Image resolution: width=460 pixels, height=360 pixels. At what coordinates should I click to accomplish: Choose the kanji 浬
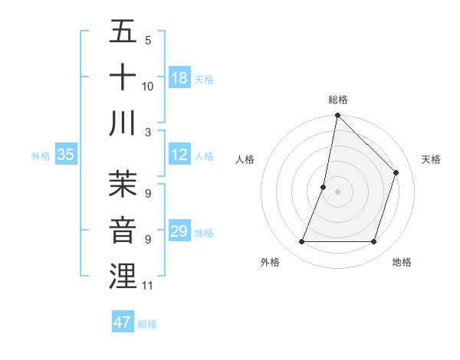pos(123,277)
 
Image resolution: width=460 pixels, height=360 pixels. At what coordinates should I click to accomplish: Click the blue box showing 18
pos(179,78)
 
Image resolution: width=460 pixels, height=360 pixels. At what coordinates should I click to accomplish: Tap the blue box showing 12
pos(179,155)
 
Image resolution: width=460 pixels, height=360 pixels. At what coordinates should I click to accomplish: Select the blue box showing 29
pos(179,231)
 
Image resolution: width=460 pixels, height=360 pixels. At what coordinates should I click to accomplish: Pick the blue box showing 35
pos(65,155)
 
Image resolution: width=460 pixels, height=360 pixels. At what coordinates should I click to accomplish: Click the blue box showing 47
pos(123,322)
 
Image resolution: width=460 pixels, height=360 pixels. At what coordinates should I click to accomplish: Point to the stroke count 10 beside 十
pos(148,87)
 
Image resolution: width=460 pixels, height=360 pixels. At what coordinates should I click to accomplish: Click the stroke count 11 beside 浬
pos(148,286)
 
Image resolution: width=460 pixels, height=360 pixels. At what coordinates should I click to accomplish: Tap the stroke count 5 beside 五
pos(148,41)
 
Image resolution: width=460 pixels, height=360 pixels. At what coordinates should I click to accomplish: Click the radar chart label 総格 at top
pos(338,100)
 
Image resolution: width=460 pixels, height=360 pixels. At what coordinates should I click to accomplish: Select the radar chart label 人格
pos(245,159)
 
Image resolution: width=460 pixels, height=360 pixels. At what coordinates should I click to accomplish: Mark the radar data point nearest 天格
pos(396,172)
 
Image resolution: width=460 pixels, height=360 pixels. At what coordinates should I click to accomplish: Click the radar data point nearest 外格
pos(302,242)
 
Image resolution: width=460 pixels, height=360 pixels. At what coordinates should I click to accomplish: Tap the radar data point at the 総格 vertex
pos(338,116)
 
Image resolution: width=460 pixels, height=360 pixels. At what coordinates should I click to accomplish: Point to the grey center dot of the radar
pos(338,191)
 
